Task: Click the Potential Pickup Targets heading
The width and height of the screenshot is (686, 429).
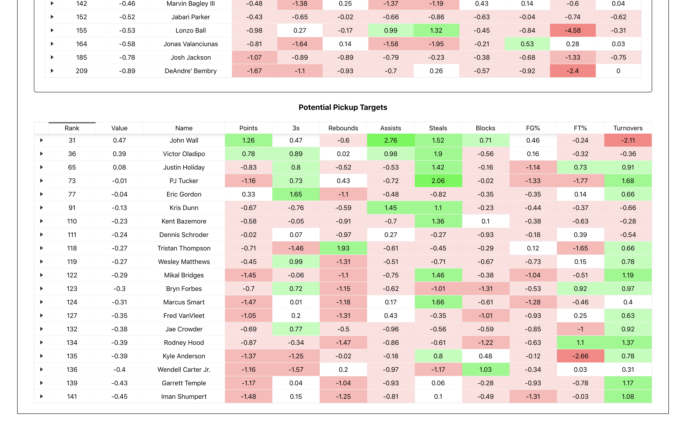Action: (343, 107)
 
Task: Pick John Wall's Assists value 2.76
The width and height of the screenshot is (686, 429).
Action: (390, 141)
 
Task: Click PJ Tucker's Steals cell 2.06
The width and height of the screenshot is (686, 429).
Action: (438, 181)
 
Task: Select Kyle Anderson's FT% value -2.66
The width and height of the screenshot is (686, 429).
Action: (580, 356)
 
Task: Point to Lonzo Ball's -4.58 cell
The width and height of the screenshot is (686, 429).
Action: (573, 30)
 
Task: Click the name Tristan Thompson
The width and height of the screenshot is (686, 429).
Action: (184, 248)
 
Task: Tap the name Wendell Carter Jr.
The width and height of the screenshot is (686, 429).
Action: (184, 369)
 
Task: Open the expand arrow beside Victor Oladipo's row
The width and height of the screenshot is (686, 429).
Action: (41, 154)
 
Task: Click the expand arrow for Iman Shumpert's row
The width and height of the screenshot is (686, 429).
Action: (41, 396)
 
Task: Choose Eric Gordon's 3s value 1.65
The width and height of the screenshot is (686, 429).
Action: (296, 194)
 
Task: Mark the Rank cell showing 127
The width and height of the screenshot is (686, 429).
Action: (72, 315)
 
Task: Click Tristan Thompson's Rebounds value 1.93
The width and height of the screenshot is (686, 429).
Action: (343, 248)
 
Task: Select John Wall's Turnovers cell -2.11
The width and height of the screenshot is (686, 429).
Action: (628, 141)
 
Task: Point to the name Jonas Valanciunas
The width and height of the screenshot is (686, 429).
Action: (190, 44)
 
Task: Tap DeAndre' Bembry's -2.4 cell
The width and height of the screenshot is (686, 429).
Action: (573, 71)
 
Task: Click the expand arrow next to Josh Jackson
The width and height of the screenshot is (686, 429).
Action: (52, 57)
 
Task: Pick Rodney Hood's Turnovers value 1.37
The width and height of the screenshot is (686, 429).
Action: (628, 342)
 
